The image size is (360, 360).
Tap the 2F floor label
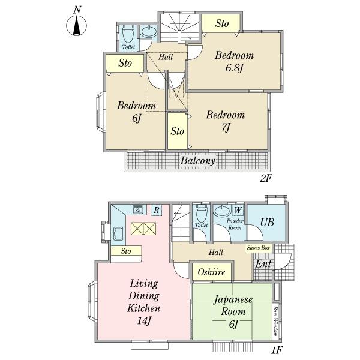266,178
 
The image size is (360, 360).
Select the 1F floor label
277,350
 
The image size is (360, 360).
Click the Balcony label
198,161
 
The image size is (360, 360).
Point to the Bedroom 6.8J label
235,62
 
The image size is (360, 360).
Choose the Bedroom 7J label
226,121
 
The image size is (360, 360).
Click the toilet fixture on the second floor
128,34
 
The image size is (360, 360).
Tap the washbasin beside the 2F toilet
149,32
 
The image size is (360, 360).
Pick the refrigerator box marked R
157,210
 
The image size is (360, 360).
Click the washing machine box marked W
238,210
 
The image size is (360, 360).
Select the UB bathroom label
267,222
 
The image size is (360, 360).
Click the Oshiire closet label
211,272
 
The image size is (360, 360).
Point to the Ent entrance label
263,264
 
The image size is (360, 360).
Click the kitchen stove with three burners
138,209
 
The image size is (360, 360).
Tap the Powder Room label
235,224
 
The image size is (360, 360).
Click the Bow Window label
275,320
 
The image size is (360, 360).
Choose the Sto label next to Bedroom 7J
177,131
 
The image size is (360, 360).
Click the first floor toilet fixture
202,213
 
